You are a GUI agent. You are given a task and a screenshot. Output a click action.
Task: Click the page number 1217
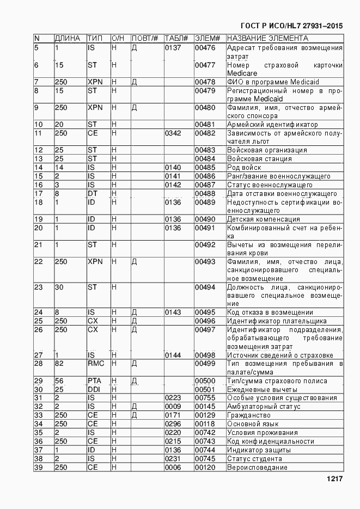pos(334,479)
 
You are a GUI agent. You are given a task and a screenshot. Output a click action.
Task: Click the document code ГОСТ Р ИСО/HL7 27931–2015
pos(291,26)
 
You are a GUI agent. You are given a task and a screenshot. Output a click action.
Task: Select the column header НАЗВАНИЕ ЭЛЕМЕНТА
pos(267,39)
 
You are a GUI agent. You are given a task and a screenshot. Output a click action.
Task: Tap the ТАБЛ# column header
pos(176,39)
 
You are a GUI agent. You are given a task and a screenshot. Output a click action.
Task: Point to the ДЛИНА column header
pos(68,39)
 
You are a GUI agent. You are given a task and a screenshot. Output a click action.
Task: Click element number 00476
pos(205,48)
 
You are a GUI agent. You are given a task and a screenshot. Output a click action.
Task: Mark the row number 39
pos(39,468)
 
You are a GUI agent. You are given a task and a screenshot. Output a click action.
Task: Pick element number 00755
pos(205,398)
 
